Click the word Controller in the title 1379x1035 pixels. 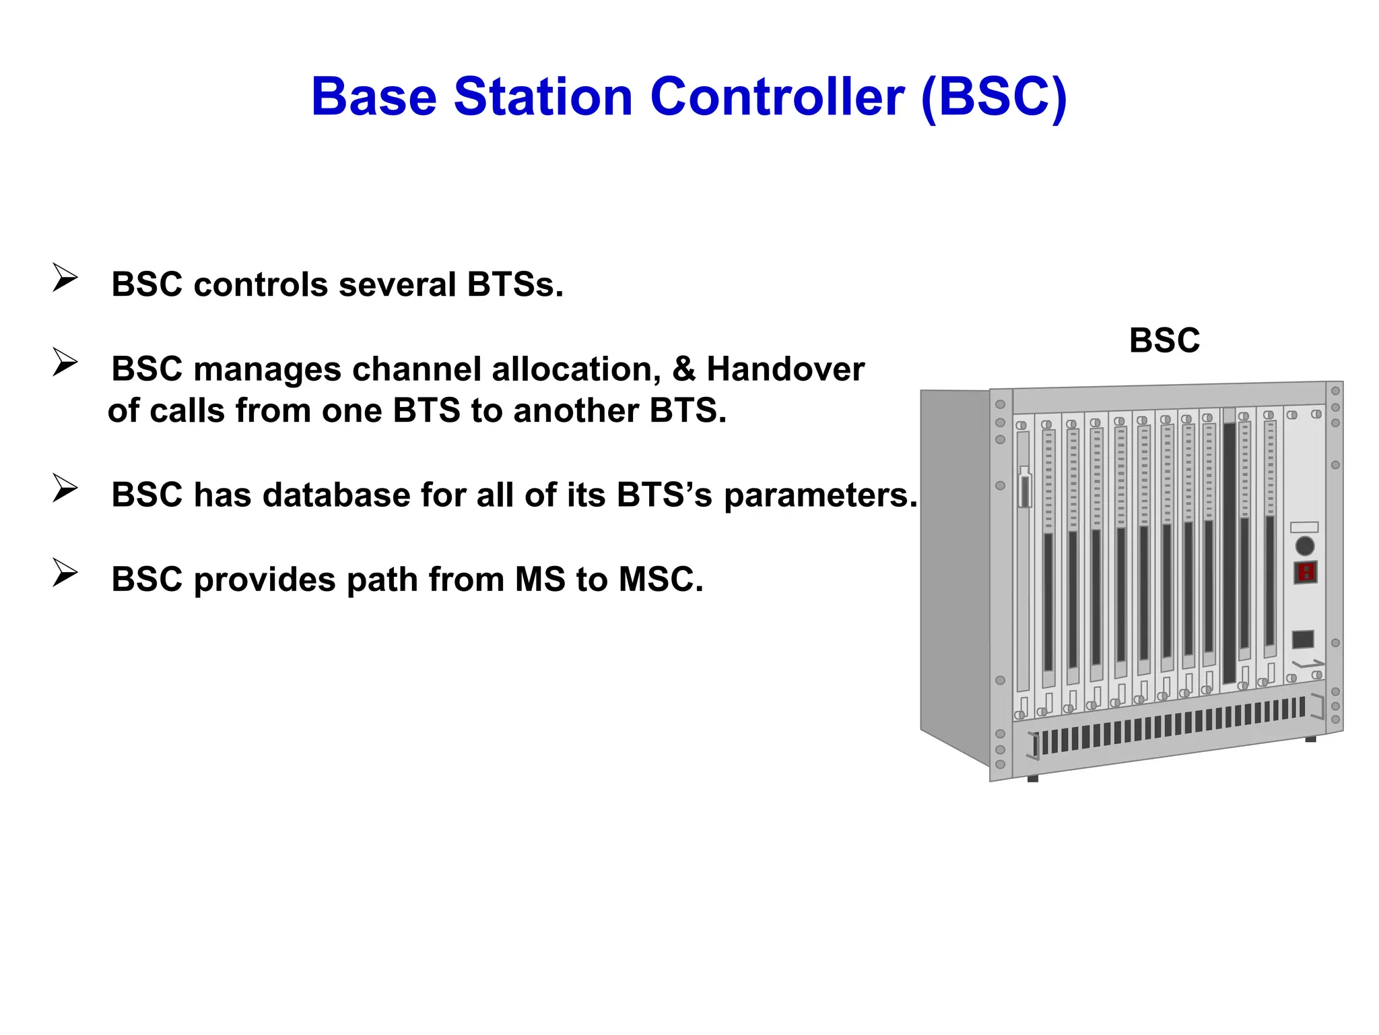pos(777,97)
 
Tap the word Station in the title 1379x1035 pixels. pos(543,97)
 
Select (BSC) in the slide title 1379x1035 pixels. pos(994,97)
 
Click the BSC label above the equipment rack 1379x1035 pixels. pos(1164,340)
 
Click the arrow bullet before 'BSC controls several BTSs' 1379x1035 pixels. pos(65,278)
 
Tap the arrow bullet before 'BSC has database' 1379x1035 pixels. pos(65,489)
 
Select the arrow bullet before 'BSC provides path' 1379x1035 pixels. pos(65,573)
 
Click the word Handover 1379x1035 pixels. pos(785,369)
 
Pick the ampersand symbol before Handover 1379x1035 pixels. pos(684,369)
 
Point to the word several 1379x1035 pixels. pos(397,284)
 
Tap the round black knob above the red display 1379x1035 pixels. pos(1305,546)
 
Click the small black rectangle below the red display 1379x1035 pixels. pos(1303,639)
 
